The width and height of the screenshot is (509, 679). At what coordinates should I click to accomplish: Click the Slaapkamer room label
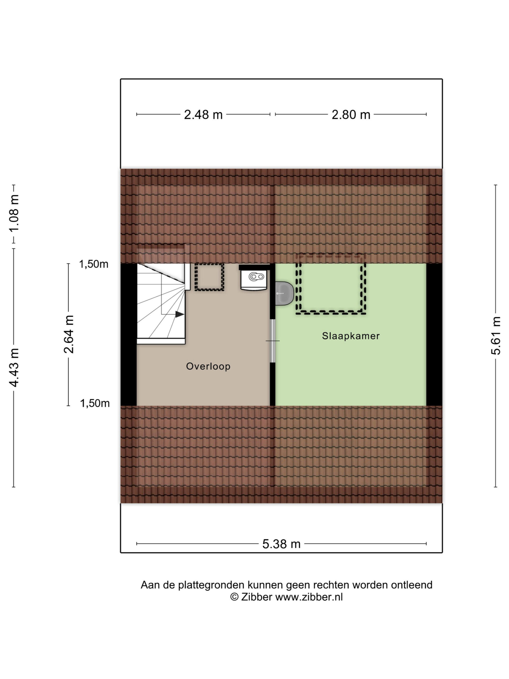(x=351, y=336)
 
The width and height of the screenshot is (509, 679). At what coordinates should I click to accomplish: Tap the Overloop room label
(x=208, y=366)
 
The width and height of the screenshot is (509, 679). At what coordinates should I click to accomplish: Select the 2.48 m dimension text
(x=203, y=115)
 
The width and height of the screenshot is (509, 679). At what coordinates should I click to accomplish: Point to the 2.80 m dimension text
(x=351, y=115)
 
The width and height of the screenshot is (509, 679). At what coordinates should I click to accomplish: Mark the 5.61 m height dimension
(x=496, y=336)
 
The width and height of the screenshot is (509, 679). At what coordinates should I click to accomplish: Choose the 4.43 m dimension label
(x=14, y=367)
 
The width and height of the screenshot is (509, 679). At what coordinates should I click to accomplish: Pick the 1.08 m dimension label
(x=14, y=213)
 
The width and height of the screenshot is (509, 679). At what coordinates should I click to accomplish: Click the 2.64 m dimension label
(x=69, y=334)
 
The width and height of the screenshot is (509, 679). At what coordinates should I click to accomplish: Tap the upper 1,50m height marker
(x=94, y=264)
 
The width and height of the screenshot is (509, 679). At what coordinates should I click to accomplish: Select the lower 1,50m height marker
(x=95, y=403)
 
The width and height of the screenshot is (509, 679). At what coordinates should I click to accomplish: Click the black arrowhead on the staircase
(x=180, y=314)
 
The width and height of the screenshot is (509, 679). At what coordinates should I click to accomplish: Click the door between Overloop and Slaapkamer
(x=273, y=341)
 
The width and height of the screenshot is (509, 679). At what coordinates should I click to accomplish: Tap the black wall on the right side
(x=435, y=334)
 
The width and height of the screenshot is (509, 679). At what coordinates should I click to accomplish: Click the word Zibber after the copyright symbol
(x=257, y=597)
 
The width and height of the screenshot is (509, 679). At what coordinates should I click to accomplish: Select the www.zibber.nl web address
(x=309, y=597)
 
